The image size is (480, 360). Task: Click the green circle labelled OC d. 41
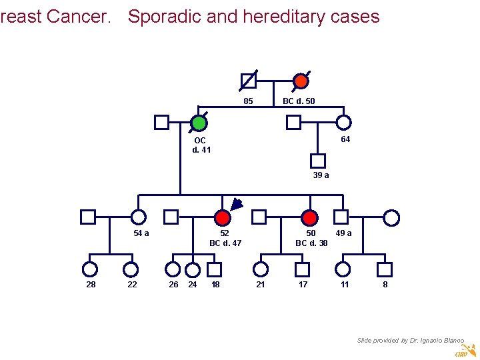pos(199,123)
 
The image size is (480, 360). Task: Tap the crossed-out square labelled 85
pos(248,81)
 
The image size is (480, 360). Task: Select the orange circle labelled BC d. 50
pos(301,81)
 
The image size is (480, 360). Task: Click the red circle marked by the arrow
pos(223,217)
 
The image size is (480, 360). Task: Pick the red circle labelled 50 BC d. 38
pos(309,217)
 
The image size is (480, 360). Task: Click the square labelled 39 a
pos(318,161)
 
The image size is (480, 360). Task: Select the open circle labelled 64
pos(344,123)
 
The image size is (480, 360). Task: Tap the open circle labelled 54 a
pos(139,217)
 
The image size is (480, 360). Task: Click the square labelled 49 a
pos(341,217)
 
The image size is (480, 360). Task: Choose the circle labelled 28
pos(89,269)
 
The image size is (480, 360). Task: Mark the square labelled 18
pos(214,269)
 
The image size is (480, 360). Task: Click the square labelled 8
pos(384,269)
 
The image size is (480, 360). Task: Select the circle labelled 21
pos(261,269)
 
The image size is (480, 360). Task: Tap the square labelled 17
pos(303,269)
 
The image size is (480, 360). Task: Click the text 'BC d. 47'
pos(225,243)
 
